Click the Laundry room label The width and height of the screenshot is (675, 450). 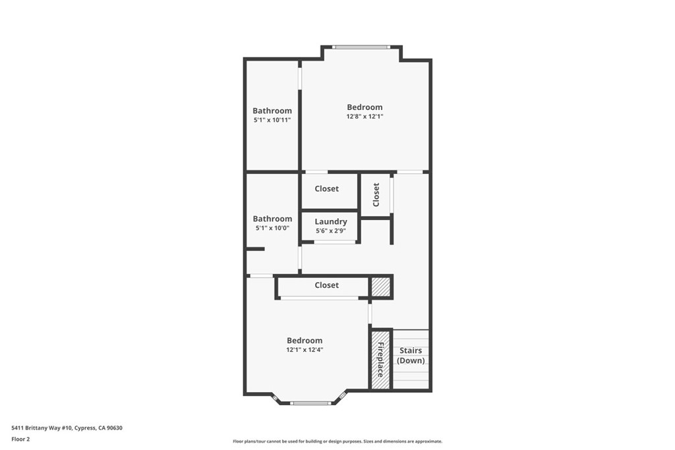tap(330, 221)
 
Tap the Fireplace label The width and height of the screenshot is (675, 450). tap(380, 359)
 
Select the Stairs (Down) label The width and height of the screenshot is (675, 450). tap(411, 356)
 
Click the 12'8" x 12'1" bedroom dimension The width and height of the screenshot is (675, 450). tap(365, 117)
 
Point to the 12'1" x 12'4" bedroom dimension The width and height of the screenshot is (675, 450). tap(305, 350)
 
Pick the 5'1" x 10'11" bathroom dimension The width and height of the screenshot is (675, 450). tap(272, 121)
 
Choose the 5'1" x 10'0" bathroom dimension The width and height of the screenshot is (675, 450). tap(272, 228)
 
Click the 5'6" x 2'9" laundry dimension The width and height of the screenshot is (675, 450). tap(330, 231)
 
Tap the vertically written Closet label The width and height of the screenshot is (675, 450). tap(376, 194)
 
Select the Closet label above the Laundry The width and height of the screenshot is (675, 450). tap(326, 188)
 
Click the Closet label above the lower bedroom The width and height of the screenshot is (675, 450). tap(326, 285)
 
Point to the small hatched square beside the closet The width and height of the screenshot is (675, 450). tap(380, 287)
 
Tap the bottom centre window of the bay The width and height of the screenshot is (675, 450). tap(310, 403)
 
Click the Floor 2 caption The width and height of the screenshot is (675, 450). tap(21, 439)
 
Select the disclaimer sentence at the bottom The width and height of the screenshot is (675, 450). tap(337, 441)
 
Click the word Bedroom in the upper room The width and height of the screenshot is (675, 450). tap(365, 107)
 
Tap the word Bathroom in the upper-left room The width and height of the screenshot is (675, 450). tap(272, 111)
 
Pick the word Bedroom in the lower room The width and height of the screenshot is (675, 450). tap(305, 340)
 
